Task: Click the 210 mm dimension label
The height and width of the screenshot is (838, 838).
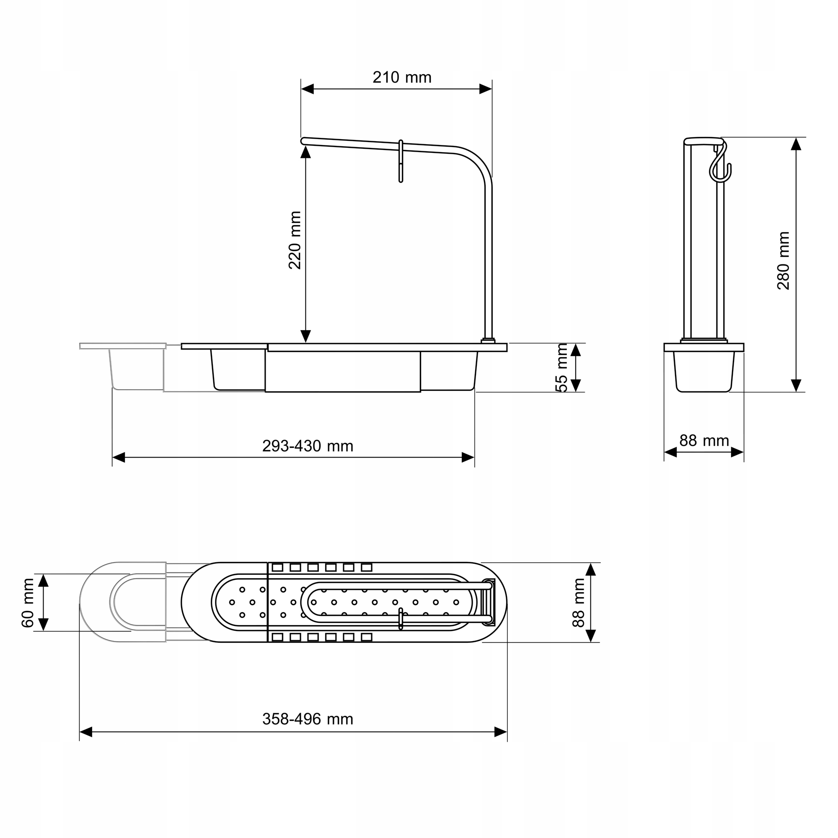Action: pyautogui.click(x=402, y=78)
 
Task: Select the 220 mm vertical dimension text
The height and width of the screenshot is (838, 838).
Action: pyautogui.click(x=295, y=240)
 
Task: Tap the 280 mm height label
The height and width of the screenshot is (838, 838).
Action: pyautogui.click(x=784, y=260)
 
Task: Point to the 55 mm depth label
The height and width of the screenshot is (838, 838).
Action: pyautogui.click(x=561, y=368)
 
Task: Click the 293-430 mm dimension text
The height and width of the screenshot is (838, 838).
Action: pyautogui.click(x=308, y=446)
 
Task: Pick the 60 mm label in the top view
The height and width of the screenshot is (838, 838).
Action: pyautogui.click(x=28, y=603)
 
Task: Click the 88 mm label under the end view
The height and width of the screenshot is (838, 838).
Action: pyautogui.click(x=704, y=441)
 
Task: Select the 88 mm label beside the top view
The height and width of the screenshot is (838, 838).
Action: pyautogui.click(x=579, y=603)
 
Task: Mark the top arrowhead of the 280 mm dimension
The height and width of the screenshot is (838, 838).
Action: pyautogui.click(x=796, y=144)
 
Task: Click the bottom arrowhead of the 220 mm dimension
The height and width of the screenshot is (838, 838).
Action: pyautogui.click(x=306, y=336)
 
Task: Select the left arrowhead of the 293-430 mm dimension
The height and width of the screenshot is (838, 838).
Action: pyautogui.click(x=119, y=458)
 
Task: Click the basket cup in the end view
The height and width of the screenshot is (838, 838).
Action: pyautogui.click(x=704, y=371)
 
